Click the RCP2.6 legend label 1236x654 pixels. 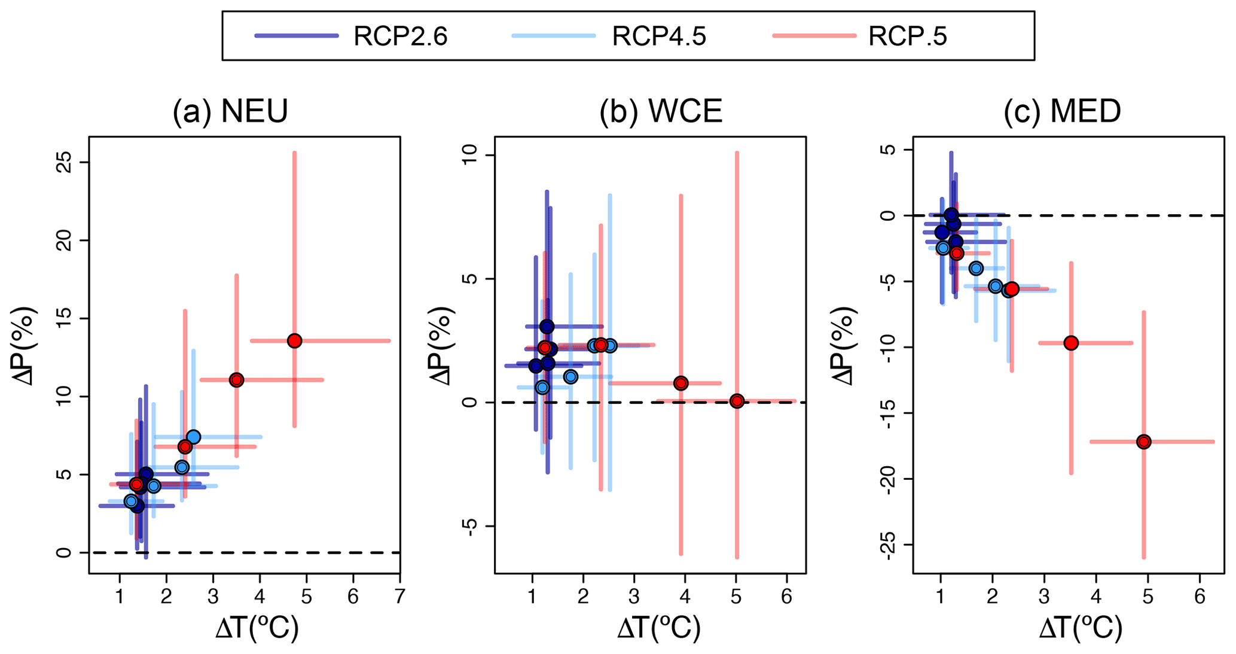click(400, 37)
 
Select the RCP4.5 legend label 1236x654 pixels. click(658, 37)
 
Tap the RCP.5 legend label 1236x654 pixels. click(907, 37)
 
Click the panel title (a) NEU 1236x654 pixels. click(230, 111)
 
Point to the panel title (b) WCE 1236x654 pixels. click(661, 111)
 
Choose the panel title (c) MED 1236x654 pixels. click(1062, 111)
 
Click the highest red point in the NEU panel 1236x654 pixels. click(294, 341)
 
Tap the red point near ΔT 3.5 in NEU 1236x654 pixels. click(236, 380)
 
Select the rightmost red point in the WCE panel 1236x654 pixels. click(737, 401)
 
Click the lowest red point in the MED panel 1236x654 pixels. click(1144, 442)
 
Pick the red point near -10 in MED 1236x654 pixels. click(1071, 343)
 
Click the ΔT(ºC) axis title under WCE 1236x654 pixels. click(658, 628)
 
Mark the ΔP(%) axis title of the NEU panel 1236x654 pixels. click(25, 345)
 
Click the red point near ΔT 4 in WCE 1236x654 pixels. click(680, 383)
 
